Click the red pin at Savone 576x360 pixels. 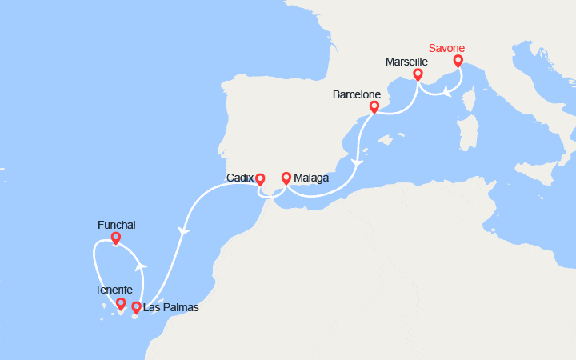(458, 60)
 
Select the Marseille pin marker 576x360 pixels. (418, 74)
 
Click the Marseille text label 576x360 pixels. (406, 62)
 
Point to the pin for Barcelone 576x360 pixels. (374, 106)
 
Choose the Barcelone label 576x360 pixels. (357, 94)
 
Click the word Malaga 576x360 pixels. (311, 178)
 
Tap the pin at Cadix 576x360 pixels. (260, 180)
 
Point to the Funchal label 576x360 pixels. (117, 226)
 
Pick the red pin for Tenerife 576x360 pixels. (121, 303)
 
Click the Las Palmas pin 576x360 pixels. (137, 306)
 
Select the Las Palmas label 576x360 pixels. (170, 307)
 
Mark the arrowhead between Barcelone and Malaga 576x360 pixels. (357, 163)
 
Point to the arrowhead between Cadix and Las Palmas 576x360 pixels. (184, 231)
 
